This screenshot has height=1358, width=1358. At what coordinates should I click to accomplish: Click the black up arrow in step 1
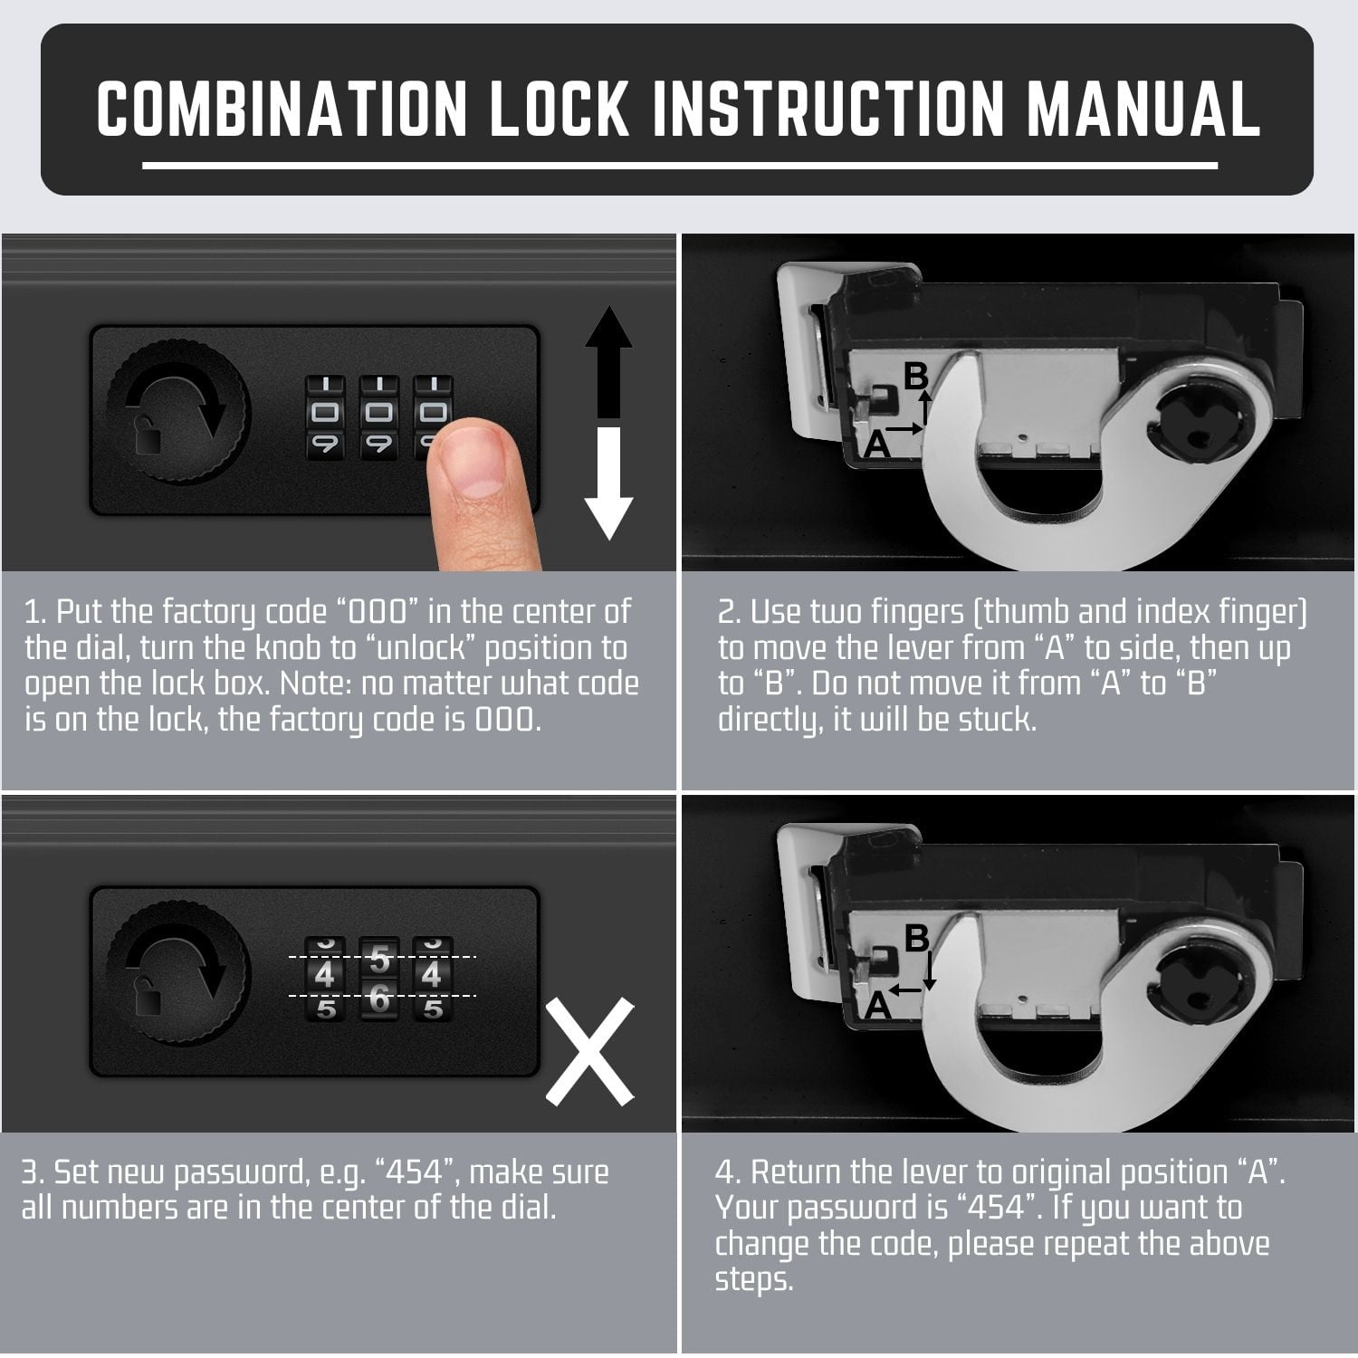point(609,363)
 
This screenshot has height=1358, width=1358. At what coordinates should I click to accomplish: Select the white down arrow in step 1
point(609,484)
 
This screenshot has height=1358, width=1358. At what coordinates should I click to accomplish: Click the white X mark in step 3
point(589,1051)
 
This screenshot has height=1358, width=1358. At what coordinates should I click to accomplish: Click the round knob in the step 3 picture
point(177,981)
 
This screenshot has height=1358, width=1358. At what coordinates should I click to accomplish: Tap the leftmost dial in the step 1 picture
point(325,416)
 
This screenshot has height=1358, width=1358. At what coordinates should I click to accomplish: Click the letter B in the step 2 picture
point(917,377)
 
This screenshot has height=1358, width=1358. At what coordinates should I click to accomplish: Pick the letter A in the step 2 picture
point(876,444)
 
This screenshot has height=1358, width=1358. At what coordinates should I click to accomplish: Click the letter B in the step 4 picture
point(917,939)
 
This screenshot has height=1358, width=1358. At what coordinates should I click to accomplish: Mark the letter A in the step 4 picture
point(876,1006)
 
